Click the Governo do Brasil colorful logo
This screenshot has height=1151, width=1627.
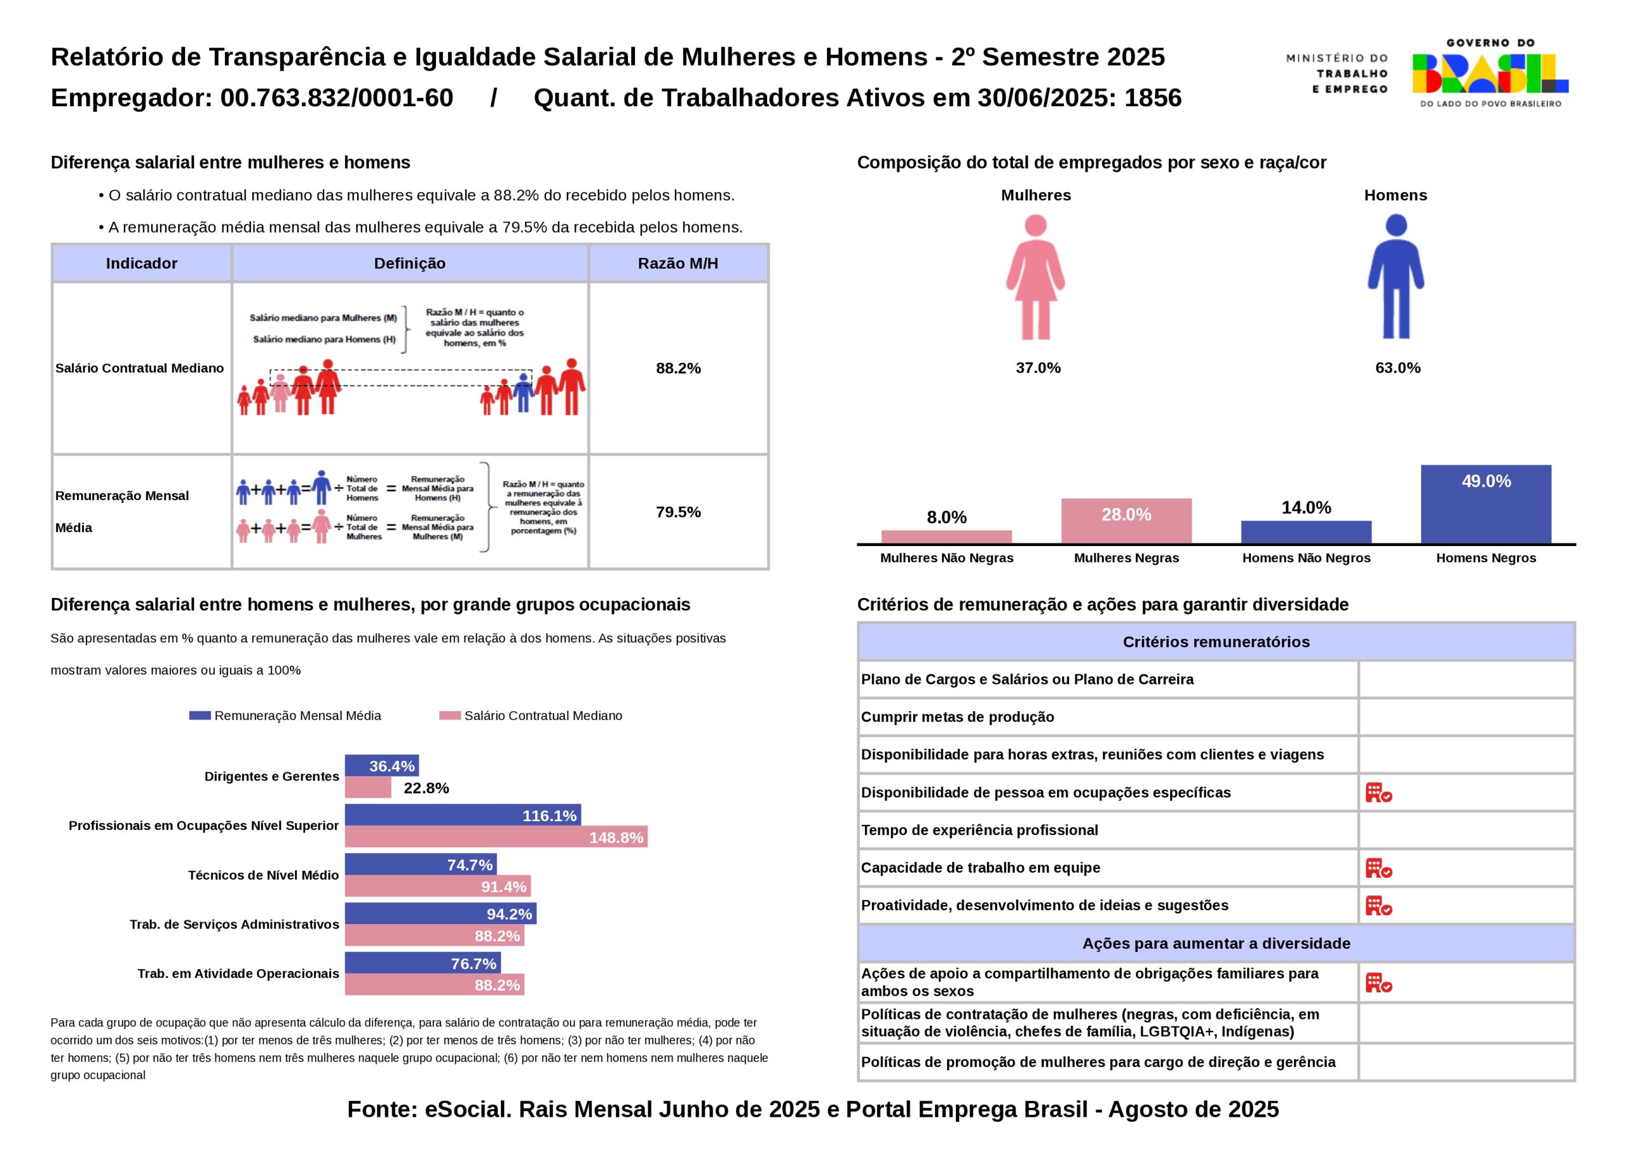[x=1490, y=73]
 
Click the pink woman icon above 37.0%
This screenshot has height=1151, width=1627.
[x=1035, y=277]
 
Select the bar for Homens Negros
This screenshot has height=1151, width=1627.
[x=1486, y=504]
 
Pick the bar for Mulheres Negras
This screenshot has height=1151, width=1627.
[x=1126, y=521]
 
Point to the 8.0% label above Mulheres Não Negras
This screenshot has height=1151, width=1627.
[x=946, y=517]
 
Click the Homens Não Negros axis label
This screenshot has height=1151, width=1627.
[x=1306, y=558]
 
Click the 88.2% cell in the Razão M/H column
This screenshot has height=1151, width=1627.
[x=678, y=368]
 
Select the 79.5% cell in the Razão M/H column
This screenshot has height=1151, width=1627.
[x=678, y=512]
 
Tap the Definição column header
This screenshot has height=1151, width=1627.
[x=409, y=264]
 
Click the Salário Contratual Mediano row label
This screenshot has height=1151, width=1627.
[x=140, y=368]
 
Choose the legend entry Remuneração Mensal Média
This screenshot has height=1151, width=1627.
[x=285, y=716]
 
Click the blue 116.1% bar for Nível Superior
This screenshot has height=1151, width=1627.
[x=463, y=815]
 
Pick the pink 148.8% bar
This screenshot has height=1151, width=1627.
[x=496, y=837]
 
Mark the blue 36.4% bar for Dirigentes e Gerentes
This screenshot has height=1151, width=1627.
[x=381, y=765]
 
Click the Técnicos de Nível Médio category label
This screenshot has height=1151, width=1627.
[x=263, y=875]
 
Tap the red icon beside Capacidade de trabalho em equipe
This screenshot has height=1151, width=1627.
[x=1379, y=868]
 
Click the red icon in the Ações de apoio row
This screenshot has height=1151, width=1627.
[x=1379, y=983]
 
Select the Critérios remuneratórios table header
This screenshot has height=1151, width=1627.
[x=1216, y=642]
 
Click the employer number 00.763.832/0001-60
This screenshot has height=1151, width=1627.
[x=337, y=98]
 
